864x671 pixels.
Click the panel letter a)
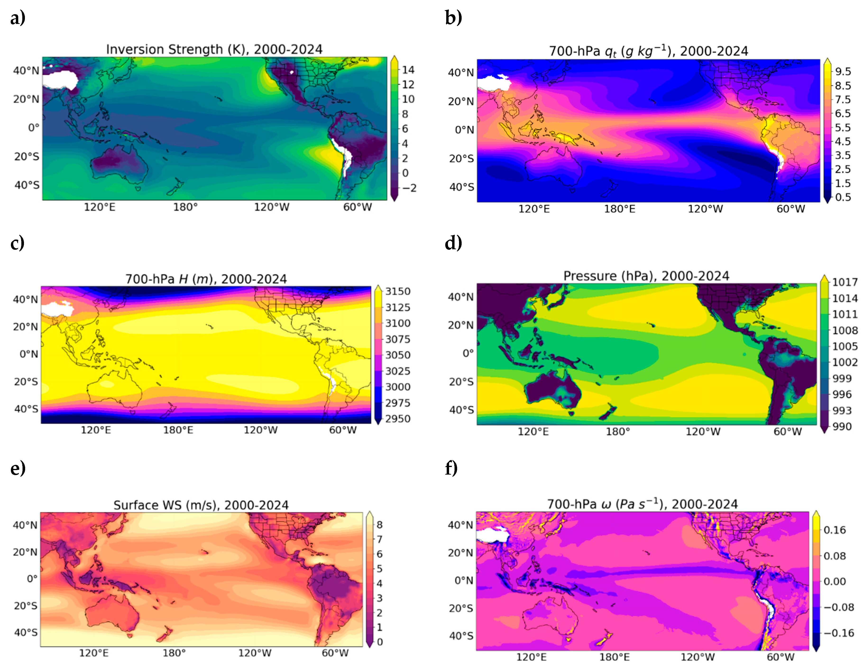(18, 18)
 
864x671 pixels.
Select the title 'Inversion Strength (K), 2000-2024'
(214, 50)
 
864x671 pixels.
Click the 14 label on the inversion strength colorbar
(408, 70)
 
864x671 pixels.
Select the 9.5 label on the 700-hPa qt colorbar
(843, 72)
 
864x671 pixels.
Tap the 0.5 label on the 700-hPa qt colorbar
(843, 197)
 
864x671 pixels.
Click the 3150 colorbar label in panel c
(398, 291)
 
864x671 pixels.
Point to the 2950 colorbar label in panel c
(398, 419)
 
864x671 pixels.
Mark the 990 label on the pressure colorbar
(842, 427)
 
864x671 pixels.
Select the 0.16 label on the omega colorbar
(835, 530)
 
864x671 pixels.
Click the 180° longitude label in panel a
(186, 207)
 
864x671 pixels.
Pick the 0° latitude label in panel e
(32, 579)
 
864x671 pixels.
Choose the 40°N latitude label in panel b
(461, 73)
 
